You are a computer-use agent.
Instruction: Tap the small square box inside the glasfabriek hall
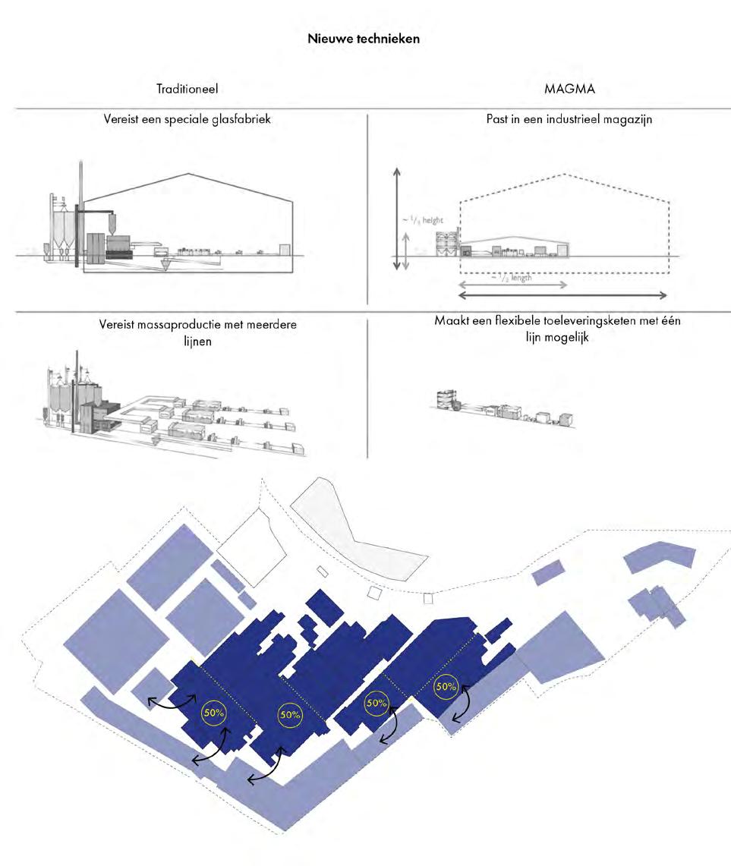click(285, 250)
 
